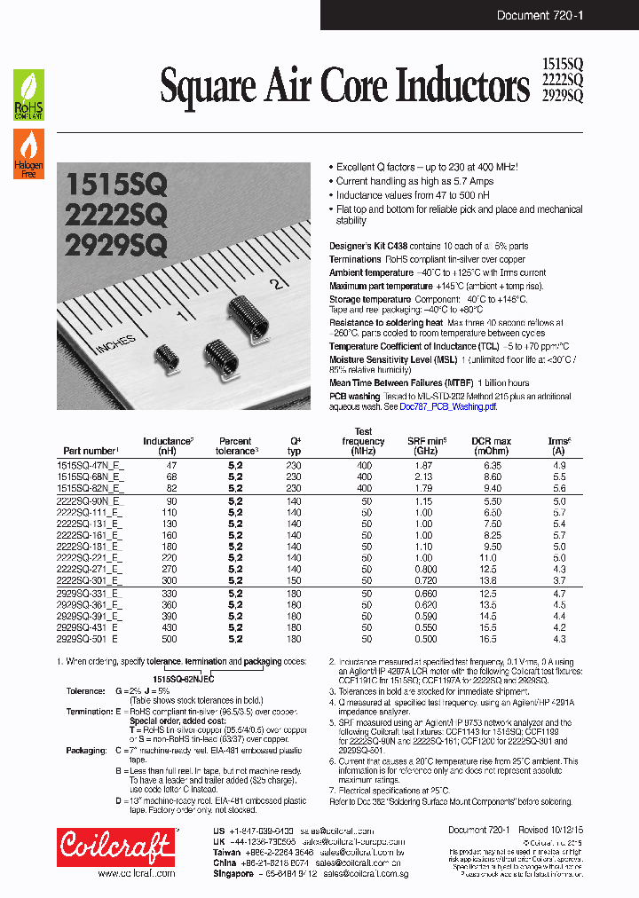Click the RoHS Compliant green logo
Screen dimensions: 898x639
click(28, 95)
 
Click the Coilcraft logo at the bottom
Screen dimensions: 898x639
click(115, 847)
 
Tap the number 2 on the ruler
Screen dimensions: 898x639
click(277, 284)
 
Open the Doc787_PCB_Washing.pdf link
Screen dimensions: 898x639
click(448, 406)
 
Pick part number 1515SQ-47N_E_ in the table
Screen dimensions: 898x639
click(91, 465)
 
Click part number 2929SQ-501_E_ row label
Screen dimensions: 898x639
click(91, 639)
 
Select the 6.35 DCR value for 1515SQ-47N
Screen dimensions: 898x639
click(493, 465)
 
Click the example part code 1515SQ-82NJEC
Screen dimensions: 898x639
click(177, 678)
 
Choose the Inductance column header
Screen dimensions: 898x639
click(168, 445)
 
